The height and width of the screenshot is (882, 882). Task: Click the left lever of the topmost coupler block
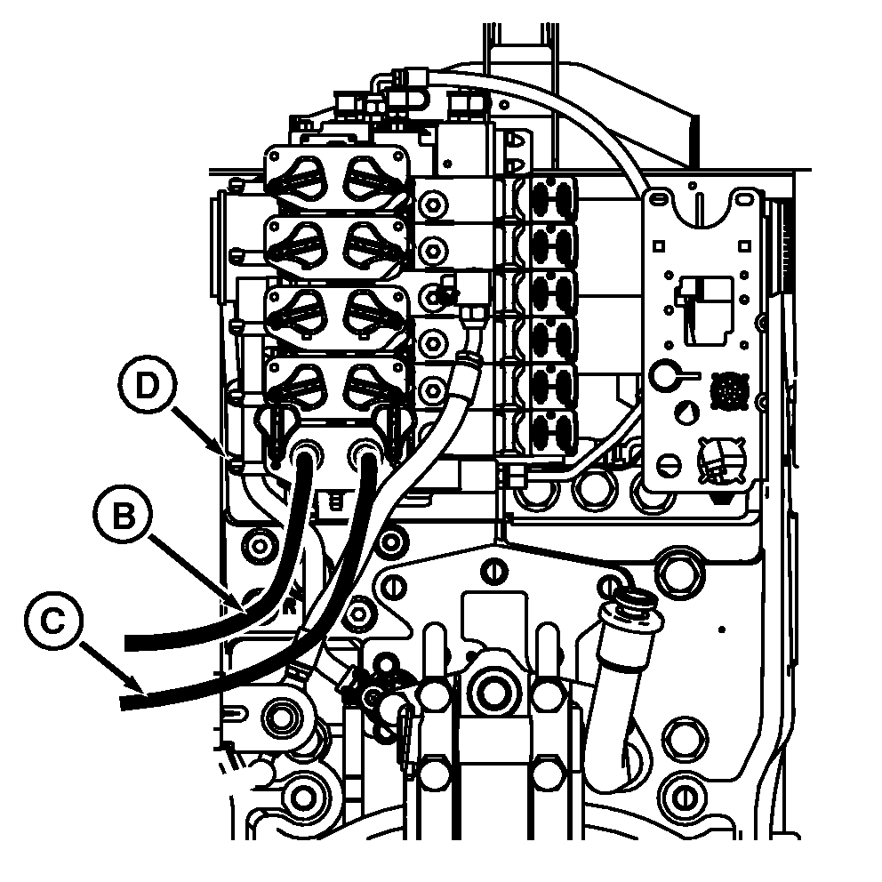point(302,178)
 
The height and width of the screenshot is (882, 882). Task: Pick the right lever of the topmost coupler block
point(368,178)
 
